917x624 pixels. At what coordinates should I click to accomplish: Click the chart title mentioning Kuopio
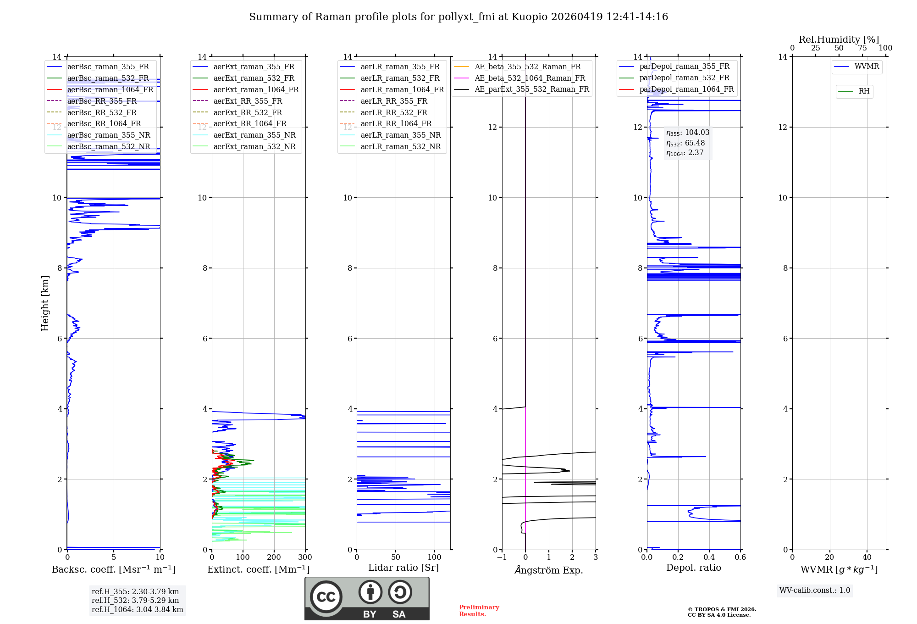click(458, 17)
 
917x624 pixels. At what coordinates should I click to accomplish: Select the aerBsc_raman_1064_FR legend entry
click(110, 90)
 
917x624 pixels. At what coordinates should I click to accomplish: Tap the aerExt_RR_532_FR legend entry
click(248, 112)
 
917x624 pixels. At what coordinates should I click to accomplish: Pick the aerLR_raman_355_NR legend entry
click(400, 135)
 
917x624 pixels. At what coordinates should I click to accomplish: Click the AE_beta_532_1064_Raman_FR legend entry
click(530, 78)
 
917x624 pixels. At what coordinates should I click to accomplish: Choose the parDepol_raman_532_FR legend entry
click(684, 78)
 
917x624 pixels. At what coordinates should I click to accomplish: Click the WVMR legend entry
click(867, 67)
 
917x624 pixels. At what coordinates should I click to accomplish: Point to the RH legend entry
click(864, 91)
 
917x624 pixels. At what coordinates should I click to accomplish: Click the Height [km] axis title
click(45, 303)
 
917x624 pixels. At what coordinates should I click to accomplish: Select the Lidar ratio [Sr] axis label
click(403, 568)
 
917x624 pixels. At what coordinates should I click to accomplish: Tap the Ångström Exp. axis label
click(549, 570)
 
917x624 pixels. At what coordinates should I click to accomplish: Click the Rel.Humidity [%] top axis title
click(839, 39)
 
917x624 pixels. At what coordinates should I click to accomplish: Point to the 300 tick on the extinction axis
click(305, 557)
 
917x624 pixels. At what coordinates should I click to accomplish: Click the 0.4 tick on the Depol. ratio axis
click(709, 557)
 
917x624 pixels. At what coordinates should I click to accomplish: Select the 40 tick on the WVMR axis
click(867, 557)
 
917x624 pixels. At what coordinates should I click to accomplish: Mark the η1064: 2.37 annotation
click(685, 153)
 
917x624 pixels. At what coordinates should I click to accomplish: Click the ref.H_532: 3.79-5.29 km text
click(135, 600)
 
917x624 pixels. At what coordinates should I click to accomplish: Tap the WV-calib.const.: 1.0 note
click(815, 591)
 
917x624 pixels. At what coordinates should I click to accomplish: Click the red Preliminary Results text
click(479, 611)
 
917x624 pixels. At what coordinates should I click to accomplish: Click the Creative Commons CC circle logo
click(326, 596)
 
